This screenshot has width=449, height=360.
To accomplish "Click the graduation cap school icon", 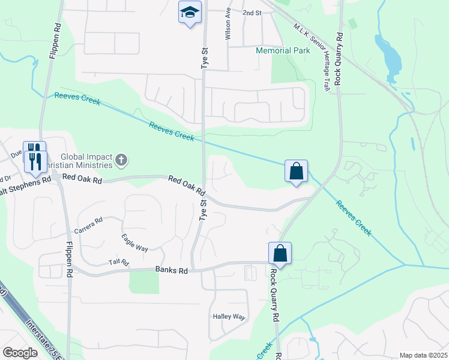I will coord(190,12).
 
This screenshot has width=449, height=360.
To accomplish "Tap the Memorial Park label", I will coord(283,50).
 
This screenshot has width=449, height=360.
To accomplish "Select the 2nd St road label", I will coord(252,13).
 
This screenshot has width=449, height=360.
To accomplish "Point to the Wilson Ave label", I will coord(228,25).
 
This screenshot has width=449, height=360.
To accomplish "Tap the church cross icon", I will coord(121,160).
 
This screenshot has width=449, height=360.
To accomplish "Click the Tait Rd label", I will coord(118,262).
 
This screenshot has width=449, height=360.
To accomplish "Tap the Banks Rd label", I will coord(171,271).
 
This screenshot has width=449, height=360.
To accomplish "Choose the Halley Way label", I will coord(229,317).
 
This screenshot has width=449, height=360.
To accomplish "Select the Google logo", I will coord(20,353).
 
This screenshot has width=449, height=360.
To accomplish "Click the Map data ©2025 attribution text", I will coord(423,355).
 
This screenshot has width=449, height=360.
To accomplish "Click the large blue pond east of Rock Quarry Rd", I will coord(388,55).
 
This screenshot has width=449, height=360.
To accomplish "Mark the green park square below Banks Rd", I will coord(144,282).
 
